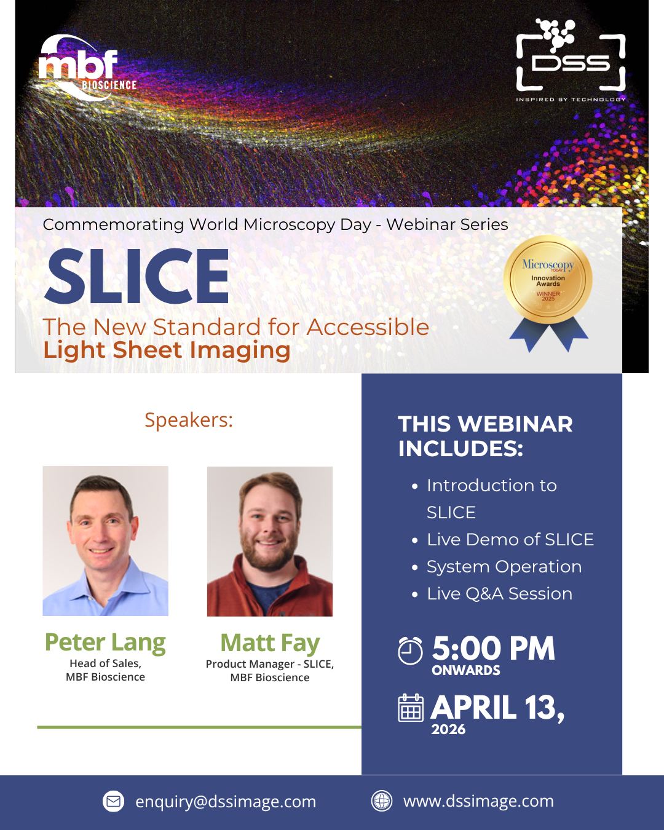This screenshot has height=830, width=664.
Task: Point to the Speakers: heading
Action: coord(189,420)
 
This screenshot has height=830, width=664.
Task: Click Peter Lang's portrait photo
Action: coord(105,541)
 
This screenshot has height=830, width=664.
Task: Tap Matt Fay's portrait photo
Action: coord(270,542)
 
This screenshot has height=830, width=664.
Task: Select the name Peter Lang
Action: coord(105,642)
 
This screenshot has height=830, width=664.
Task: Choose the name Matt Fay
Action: coord(270,643)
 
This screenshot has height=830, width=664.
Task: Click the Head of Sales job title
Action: coord(105,663)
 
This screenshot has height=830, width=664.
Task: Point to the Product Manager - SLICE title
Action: coord(270,664)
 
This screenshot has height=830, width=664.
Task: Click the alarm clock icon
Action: coord(410,650)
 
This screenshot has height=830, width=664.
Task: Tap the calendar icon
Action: coord(411,708)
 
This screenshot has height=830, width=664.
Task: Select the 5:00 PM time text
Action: coord(493,649)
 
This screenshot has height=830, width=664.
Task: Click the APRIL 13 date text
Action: coord(497,708)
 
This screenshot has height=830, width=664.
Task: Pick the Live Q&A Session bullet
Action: coord(499,594)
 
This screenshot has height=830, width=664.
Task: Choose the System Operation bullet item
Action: coord(504,567)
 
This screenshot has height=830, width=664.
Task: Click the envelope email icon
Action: coord(113,801)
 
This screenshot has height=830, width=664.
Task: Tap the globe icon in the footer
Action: coord(382,801)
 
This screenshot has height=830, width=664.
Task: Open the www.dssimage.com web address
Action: coord(478,801)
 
